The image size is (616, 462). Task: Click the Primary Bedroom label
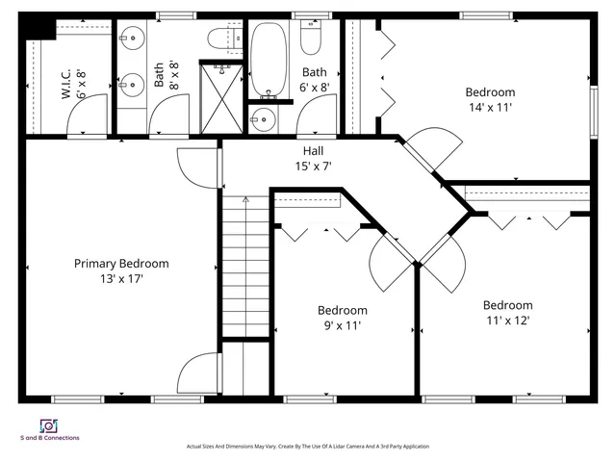click(x=121, y=263)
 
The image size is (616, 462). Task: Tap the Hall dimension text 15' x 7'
click(x=314, y=167)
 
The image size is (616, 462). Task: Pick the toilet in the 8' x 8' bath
click(x=220, y=38)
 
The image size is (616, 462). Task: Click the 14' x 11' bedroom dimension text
click(x=490, y=108)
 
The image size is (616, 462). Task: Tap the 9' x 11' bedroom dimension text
click(x=343, y=325)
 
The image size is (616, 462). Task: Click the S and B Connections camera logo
click(x=48, y=424)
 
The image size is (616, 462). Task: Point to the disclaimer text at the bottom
click(x=307, y=447)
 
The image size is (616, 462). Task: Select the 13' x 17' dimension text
click(x=121, y=278)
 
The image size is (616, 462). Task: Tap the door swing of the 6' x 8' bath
click(x=313, y=120)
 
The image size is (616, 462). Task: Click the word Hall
click(x=314, y=151)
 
